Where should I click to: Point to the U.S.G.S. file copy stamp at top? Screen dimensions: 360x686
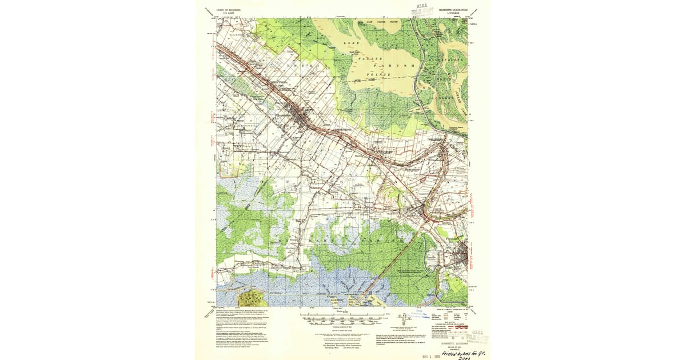pyautogui.click(x=425, y=10)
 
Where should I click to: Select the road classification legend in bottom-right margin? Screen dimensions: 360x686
pyautogui.click(x=452, y=317)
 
